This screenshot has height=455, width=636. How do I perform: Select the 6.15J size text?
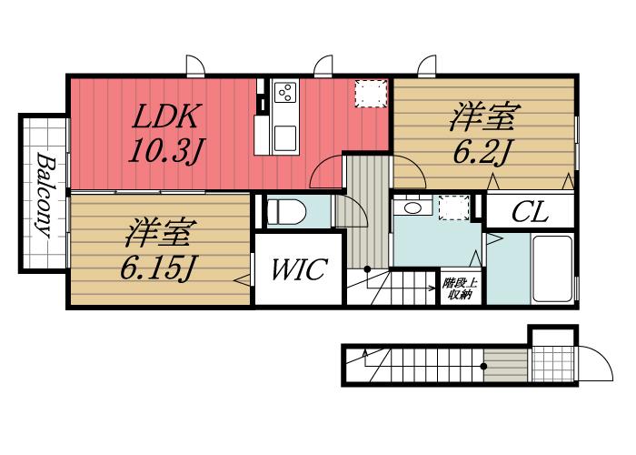156,268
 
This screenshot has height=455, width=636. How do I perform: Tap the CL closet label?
528,215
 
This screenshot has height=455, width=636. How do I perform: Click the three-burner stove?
285,94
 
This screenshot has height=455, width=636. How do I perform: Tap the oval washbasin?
414,208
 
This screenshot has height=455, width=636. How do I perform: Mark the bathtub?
552,269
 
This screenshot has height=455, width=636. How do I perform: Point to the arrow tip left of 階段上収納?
434,289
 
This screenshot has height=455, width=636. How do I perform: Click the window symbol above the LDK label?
194,66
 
